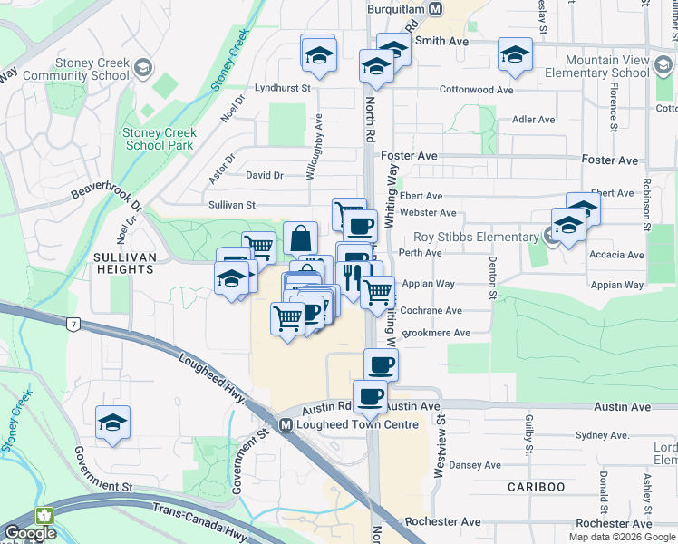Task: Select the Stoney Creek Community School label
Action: coord(79,69)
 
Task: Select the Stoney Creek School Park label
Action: coord(160,139)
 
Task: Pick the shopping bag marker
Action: coord(301,238)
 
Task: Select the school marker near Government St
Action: coord(113,422)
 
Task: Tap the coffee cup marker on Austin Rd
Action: coord(370,396)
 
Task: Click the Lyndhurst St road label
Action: coord(283,89)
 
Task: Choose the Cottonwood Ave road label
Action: coord(476,90)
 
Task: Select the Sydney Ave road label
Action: coord(596,436)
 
